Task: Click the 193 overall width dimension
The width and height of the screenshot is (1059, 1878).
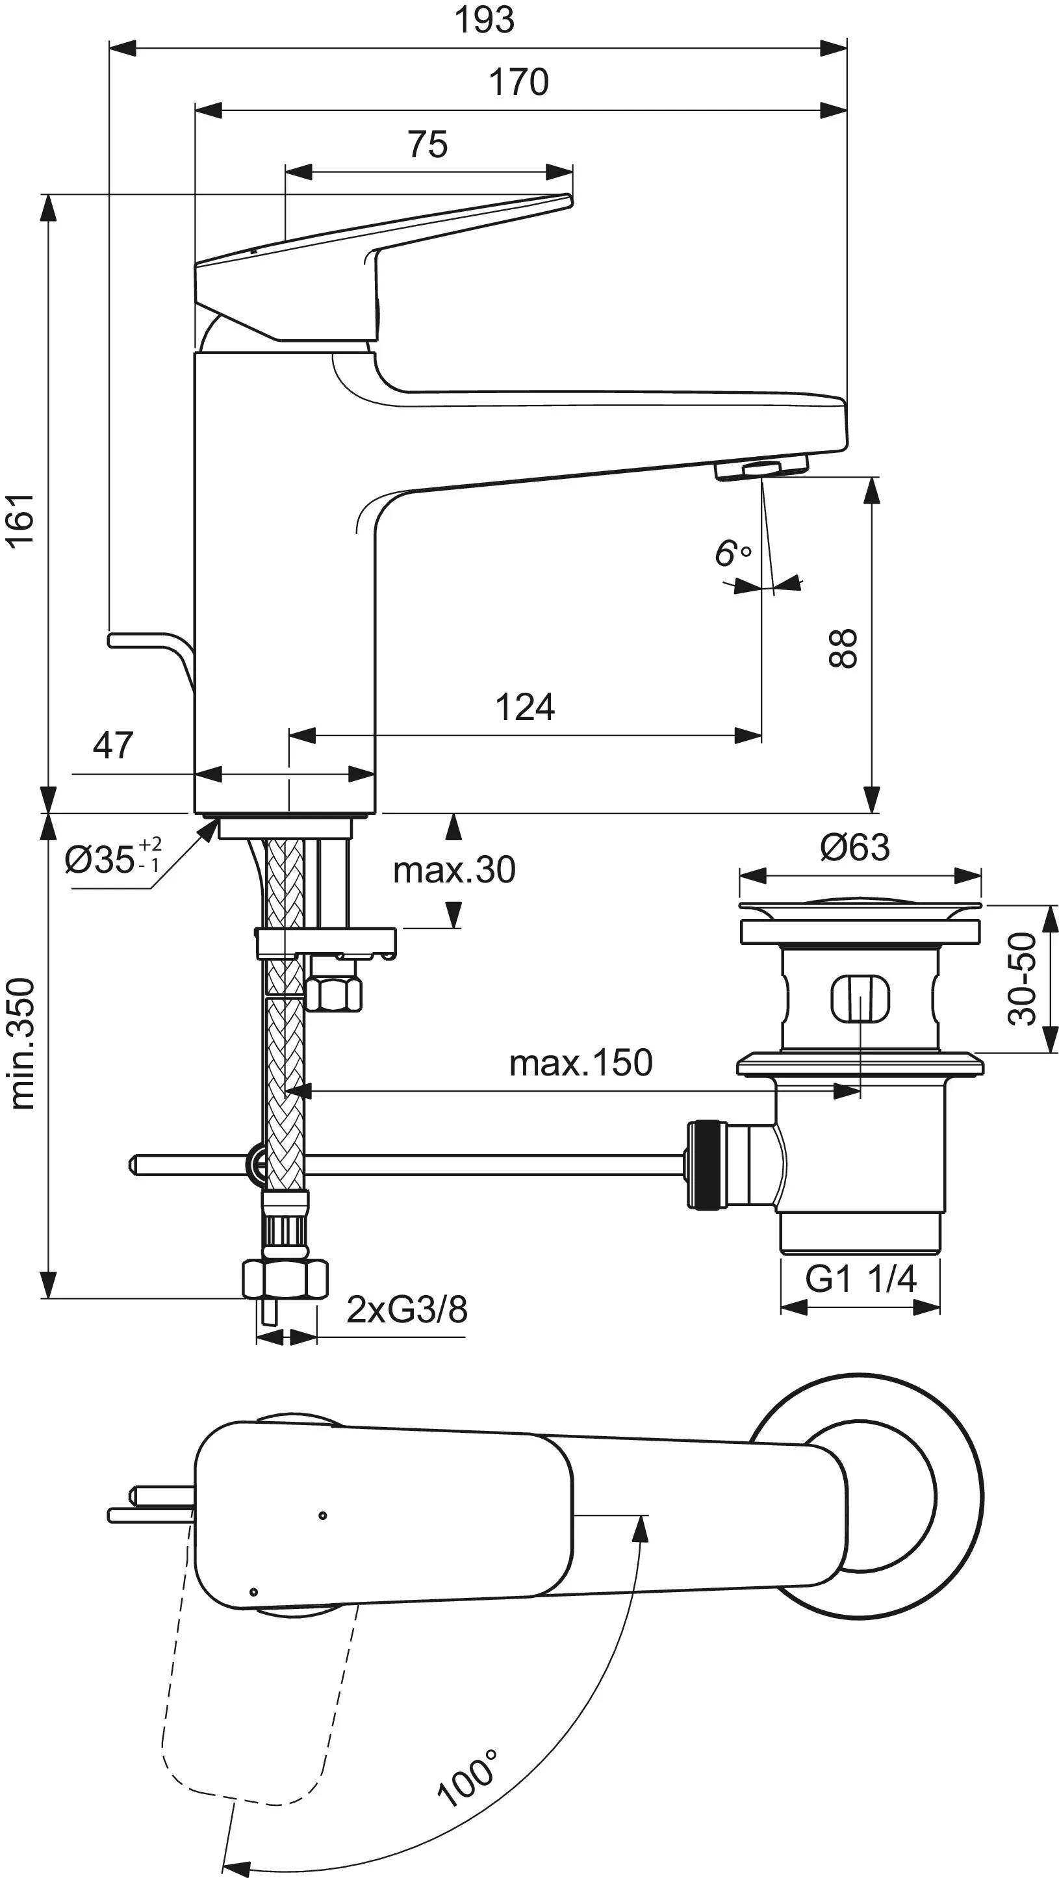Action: [484, 19]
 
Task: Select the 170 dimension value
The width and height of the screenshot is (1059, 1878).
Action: [518, 82]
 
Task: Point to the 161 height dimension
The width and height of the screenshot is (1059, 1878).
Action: [20, 519]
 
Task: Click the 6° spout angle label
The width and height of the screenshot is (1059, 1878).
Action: [732, 554]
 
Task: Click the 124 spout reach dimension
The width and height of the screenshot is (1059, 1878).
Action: [525, 707]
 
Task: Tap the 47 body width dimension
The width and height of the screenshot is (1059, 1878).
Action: [113, 745]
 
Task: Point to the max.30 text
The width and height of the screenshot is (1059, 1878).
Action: [454, 869]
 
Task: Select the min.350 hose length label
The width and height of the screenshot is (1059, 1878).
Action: [22, 1044]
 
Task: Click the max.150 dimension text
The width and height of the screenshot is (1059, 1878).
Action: [580, 1063]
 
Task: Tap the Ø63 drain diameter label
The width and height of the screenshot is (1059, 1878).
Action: [854, 847]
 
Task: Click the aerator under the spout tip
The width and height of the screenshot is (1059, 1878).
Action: [761, 469]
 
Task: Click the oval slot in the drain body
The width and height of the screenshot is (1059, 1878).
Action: [860, 998]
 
